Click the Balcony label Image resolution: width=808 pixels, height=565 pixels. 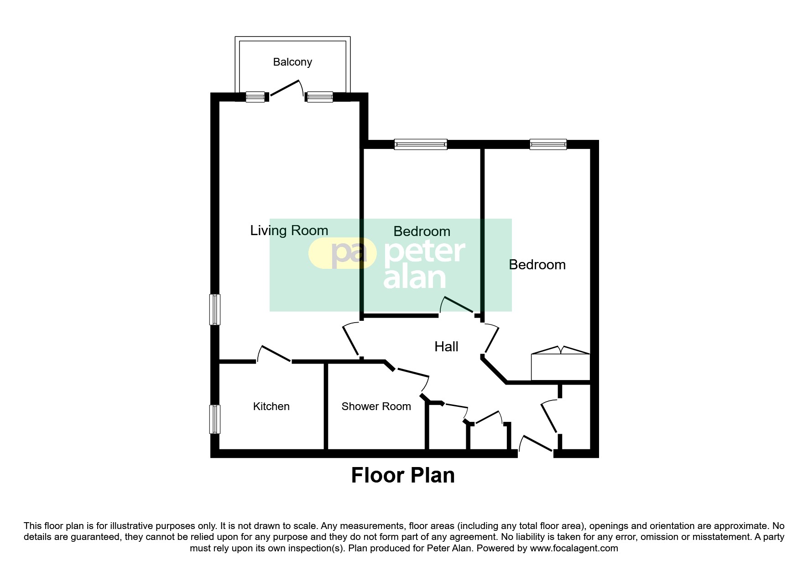[x=292, y=62]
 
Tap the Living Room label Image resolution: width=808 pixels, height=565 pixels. [x=289, y=231]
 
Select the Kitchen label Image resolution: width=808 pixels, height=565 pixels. [x=271, y=406]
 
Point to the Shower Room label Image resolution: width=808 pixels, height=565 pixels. [x=376, y=406]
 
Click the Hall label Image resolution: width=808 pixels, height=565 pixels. [x=446, y=347]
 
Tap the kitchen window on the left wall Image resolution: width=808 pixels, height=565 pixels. [x=214, y=419]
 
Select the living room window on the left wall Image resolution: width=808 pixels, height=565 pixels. [x=214, y=309]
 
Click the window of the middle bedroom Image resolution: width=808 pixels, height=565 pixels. [x=420, y=144]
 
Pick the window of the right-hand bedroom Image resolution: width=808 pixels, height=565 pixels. [x=548, y=144]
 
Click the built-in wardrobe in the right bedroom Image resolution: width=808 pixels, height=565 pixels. [x=561, y=367]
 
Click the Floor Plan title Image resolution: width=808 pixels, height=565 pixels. [x=403, y=476]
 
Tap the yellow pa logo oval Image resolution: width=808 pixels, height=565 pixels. [x=343, y=254]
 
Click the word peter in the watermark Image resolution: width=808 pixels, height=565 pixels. [x=424, y=252]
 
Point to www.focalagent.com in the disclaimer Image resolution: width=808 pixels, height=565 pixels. [x=573, y=548]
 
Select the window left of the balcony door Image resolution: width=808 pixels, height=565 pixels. [x=255, y=97]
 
